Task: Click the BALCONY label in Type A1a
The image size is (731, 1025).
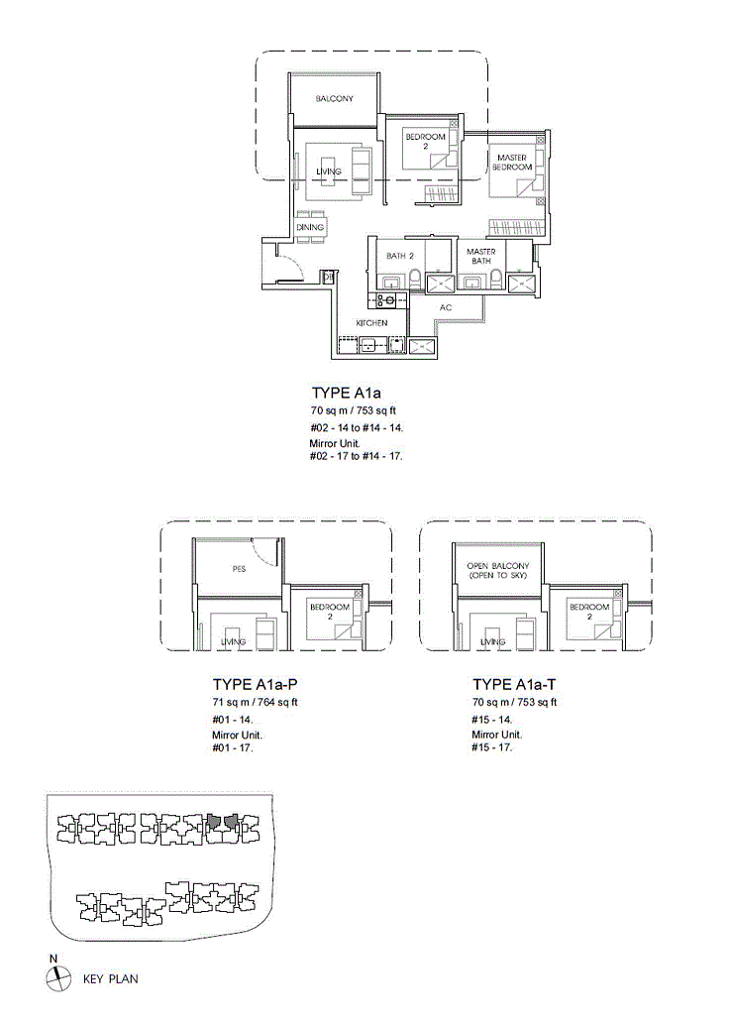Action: pos(334,99)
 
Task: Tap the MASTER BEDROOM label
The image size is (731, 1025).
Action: pos(512,163)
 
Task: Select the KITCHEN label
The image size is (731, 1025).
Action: pos(371,323)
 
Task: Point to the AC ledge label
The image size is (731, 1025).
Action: pos(446,307)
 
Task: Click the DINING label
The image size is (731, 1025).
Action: pos(310,227)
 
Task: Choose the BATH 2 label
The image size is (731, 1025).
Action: pos(400,256)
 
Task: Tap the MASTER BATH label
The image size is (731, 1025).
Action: pos(480,256)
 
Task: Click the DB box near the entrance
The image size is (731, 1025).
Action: pos(329,278)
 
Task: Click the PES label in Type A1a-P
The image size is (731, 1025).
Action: pos(239,569)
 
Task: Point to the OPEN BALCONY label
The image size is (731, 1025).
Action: pos(498,570)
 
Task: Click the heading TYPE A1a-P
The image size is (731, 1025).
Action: pos(256,684)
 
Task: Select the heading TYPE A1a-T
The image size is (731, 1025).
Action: pos(515,684)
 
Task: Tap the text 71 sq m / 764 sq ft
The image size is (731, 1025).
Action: pos(255,703)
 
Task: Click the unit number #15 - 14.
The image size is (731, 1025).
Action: pos(492,719)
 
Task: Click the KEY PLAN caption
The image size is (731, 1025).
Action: pos(110,979)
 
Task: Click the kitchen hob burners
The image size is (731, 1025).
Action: pos(385,300)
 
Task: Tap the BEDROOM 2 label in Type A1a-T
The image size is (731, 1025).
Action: pos(589,612)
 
